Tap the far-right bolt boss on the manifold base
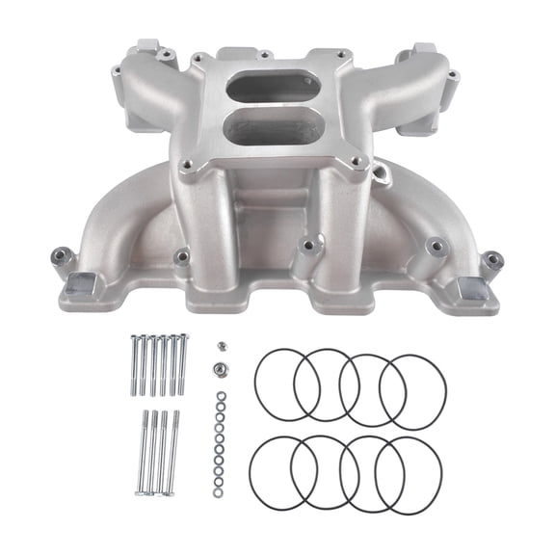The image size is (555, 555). (x=492, y=259)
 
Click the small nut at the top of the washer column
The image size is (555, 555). (x=221, y=343)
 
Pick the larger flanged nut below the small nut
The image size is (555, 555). (x=221, y=367)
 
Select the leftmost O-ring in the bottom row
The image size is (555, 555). (x=282, y=471)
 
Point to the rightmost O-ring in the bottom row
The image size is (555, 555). (x=409, y=475)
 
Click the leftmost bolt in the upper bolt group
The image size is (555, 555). (x=131, y=366)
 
